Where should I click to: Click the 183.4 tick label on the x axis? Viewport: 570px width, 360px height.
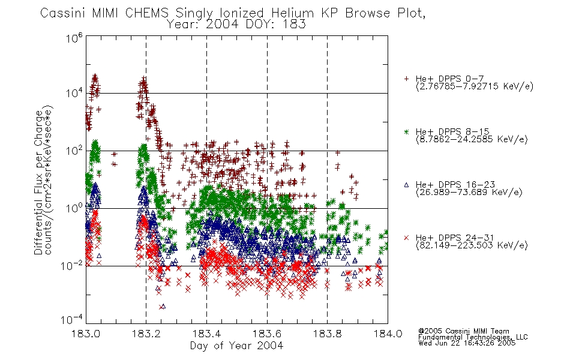point(206,334)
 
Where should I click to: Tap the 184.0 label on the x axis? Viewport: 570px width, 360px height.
point(388,334)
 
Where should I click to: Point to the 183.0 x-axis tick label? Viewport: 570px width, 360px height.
point(86,334)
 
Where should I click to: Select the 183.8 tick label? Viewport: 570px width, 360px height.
point(327,334)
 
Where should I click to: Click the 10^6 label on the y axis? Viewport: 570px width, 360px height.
point(74,38)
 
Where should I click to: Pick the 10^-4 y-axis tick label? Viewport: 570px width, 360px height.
point(72,319)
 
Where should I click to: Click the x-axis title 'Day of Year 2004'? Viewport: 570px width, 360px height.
point(236,346)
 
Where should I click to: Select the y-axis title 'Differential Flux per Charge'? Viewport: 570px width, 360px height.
point(38,182)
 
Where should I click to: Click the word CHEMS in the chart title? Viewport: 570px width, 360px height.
point(147,13)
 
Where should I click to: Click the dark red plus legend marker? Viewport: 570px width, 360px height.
point(406,79)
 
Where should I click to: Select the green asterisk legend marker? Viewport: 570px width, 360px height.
point(406,132)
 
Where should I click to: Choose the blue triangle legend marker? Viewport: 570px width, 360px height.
point(406,185)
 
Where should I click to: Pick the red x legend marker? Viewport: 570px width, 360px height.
point(406,238)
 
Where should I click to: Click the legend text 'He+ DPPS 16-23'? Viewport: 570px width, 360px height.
point(455,185)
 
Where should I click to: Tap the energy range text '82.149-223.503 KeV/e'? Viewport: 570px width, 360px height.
point(472,245)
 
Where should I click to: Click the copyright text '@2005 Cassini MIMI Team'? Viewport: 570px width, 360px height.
point(464,331)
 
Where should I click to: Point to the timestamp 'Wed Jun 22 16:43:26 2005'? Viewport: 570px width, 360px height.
point(467,343)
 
